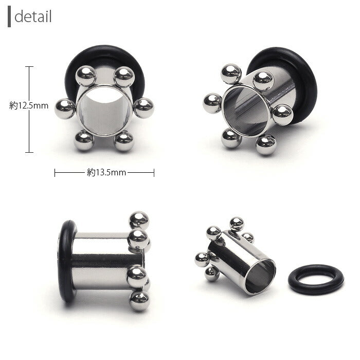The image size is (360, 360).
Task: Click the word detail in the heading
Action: tap(33, 16)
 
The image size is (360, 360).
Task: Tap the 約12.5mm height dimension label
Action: tap(29, 105)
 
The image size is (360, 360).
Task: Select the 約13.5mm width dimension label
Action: tap(106, 172)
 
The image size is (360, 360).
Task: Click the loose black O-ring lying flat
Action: tap(316, 280)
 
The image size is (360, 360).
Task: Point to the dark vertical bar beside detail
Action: tap(9, 16)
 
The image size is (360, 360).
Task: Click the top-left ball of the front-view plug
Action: tap(86, 76)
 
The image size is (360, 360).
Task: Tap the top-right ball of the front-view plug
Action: tap(124, 77)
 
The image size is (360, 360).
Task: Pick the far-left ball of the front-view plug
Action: tap(65, 109)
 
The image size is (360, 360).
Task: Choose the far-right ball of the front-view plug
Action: tap(143, 108)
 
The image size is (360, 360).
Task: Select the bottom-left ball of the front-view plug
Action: tap(84, 140)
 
